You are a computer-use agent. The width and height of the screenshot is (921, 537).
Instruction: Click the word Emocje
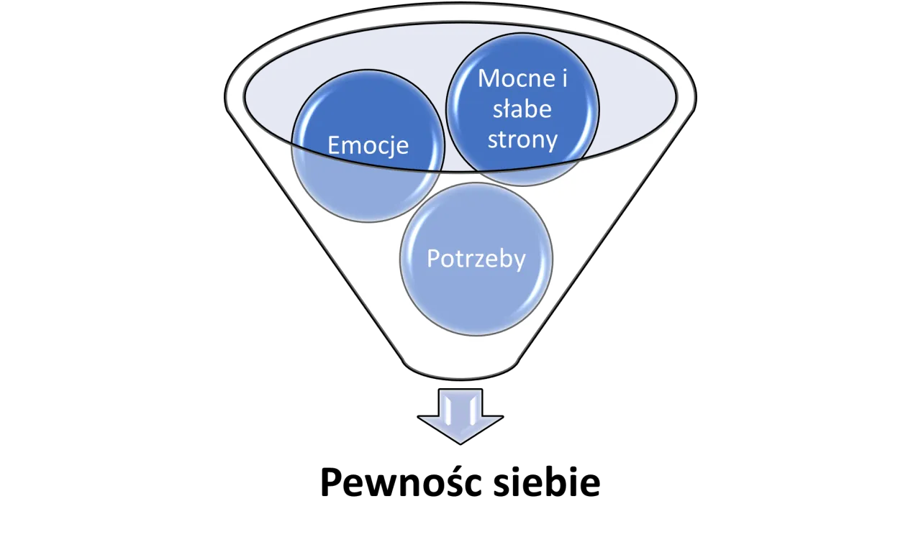click(368, 145)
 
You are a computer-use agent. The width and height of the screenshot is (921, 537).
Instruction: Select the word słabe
click(522, 109)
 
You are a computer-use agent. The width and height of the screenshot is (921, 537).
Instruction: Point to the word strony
click(522, 140)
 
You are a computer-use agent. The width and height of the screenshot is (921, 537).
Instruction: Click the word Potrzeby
click(476, 259)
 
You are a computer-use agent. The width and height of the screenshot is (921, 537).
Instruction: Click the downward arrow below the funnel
click(460, 416)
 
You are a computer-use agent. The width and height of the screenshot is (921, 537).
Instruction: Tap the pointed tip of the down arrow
click(460, 444)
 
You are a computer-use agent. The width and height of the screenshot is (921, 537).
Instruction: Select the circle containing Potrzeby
click(476, 260)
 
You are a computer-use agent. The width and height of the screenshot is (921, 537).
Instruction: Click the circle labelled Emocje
click(368, 146)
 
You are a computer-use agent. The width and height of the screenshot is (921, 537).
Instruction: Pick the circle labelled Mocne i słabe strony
click(522, 109)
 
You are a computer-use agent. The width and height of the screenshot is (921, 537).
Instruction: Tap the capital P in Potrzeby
click(433, 259)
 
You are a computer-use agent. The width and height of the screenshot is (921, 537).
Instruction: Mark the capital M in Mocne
click(488, 78)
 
